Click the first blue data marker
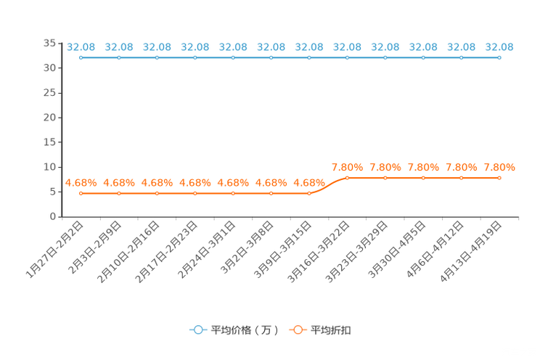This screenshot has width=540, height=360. pyautogui.click(x=81, y=57)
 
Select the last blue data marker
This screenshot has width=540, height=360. pyautogui.click(x=499, y=57)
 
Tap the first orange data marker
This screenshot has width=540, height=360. pyautogui.click(x=81, y=194)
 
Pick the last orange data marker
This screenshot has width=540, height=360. pyautogui.click(x=499, y=177)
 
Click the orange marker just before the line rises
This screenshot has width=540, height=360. pyautogui.click(x=309, y=194)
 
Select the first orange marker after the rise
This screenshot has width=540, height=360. pyautogui.click(x=347, y=177)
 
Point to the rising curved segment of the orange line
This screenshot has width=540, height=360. pyautogui.click(x=328, y=185)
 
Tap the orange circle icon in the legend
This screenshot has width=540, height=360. pyautogui.click(x=298, y=330)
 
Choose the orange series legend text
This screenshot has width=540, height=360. pyautogui.click(x=332, y=330)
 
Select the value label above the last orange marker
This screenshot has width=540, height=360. pyautogui.click(x=499, y=167)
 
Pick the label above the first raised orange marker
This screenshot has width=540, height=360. pyautogui.click(x=347, y=167)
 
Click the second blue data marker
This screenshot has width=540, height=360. pyautogui.click(x=119, y=57)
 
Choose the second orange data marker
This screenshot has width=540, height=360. pyautogui.click(x=119, y=194)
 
